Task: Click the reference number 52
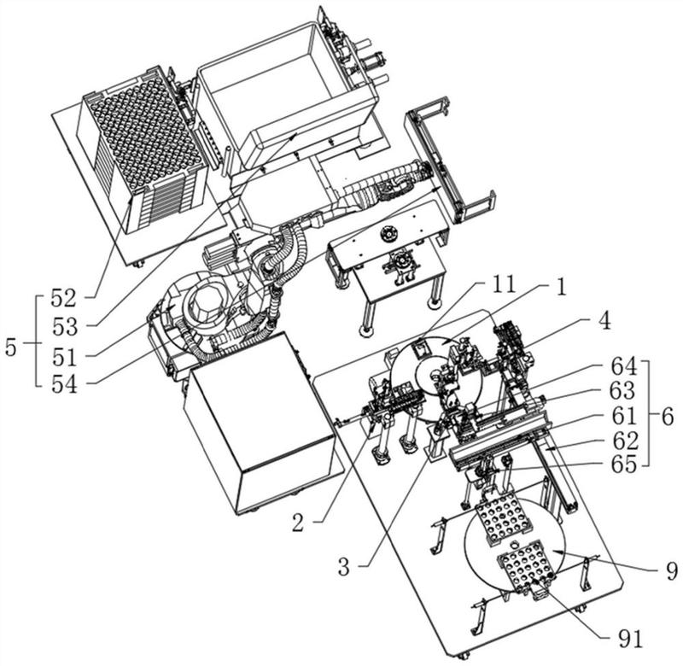click(x=63, y=298)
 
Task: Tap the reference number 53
click(x=65, y=327)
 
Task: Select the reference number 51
click(x=65, y=357)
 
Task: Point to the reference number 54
click(x=65, y=384)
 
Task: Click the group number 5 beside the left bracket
click(x=11, y=348)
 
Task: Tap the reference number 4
click(x=604, y=321)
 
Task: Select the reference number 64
click(x=623, y=366)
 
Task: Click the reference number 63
click(x=622, y=391)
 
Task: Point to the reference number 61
click(x=624, y=415)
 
